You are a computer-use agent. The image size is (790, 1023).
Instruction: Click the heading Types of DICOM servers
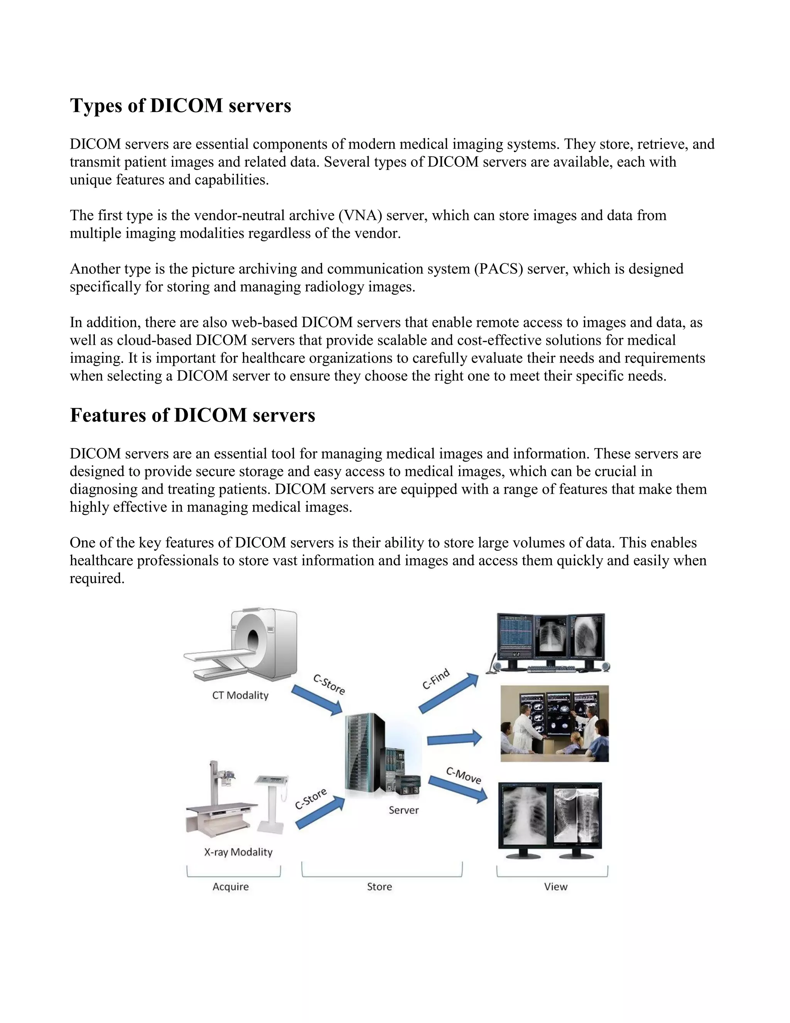[x=180, y=106]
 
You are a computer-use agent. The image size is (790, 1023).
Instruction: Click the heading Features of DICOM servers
[x=192, y=415]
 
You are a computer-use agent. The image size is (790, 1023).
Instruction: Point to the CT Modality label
[x=240, y=695]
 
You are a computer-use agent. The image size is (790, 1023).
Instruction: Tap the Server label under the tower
[x=403, y=810]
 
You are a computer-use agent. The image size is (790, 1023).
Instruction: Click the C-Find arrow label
[x=436, y=679]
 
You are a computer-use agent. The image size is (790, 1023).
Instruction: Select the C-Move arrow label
[x=463, y=775]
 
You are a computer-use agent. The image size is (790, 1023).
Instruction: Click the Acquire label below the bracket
[x=230, y=887]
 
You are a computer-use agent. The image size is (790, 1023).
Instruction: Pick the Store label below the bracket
[x=379, y=887]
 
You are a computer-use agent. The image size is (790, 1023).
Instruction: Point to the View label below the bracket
[x=555, y=887]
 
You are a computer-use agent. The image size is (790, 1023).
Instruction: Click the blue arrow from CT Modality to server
[x=316, y=700]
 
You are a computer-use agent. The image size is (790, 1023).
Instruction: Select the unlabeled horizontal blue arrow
[x=454, y=738]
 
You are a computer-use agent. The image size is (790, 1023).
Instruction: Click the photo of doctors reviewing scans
[x=555, y=723]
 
